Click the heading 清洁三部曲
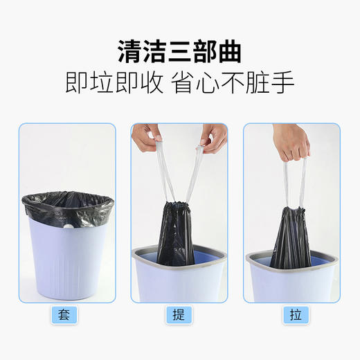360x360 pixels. [180, 51]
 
